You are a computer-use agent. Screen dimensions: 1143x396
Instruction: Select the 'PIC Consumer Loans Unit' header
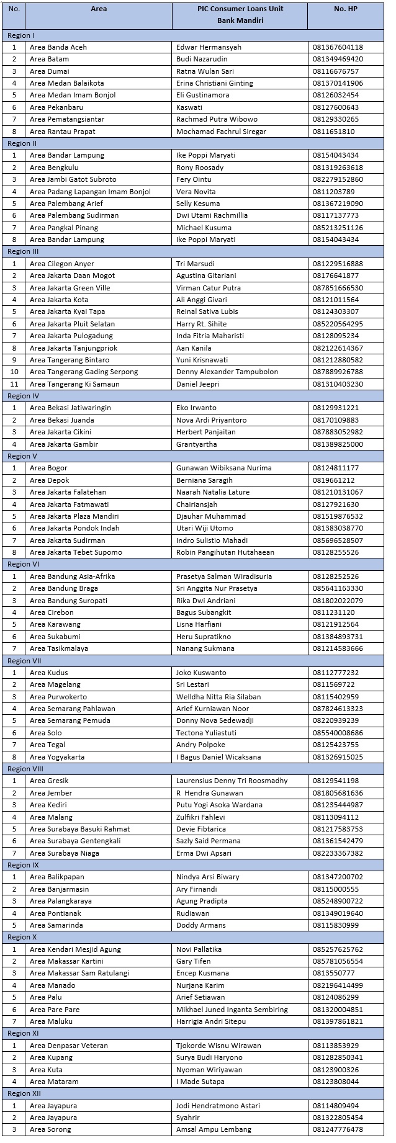[x=240, y=9]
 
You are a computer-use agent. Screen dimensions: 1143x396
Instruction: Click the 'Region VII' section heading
[x=24, y=660]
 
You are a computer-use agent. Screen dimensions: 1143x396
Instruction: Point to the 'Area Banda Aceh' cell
[x=58, y=47]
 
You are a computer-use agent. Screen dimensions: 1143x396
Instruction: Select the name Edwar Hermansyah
[x=209, y=47]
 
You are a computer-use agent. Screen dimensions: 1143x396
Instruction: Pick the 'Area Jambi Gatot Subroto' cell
[x=73, y=179]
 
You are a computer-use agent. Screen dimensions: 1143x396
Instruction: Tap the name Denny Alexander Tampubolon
[x=227, y=372]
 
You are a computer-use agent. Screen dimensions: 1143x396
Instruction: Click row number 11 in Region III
[x=14, y=384]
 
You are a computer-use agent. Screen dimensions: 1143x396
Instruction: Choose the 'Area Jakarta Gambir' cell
[x=64, y=444]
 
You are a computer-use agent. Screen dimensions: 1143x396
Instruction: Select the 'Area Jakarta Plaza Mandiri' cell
[x=74, y=516]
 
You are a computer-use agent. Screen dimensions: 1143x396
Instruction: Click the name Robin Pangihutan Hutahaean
[x=225, y=552]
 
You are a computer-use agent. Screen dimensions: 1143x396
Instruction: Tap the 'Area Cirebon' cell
[x=52, y=612]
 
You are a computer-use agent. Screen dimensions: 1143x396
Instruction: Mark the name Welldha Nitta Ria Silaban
[x=218, y=697]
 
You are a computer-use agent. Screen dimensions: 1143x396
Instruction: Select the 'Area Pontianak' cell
[x=55, y=913]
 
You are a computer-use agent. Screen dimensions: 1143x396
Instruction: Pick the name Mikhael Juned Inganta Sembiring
[x=232, y=1010]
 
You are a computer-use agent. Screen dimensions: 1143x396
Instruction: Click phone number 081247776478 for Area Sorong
[x=338, y=1130]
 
